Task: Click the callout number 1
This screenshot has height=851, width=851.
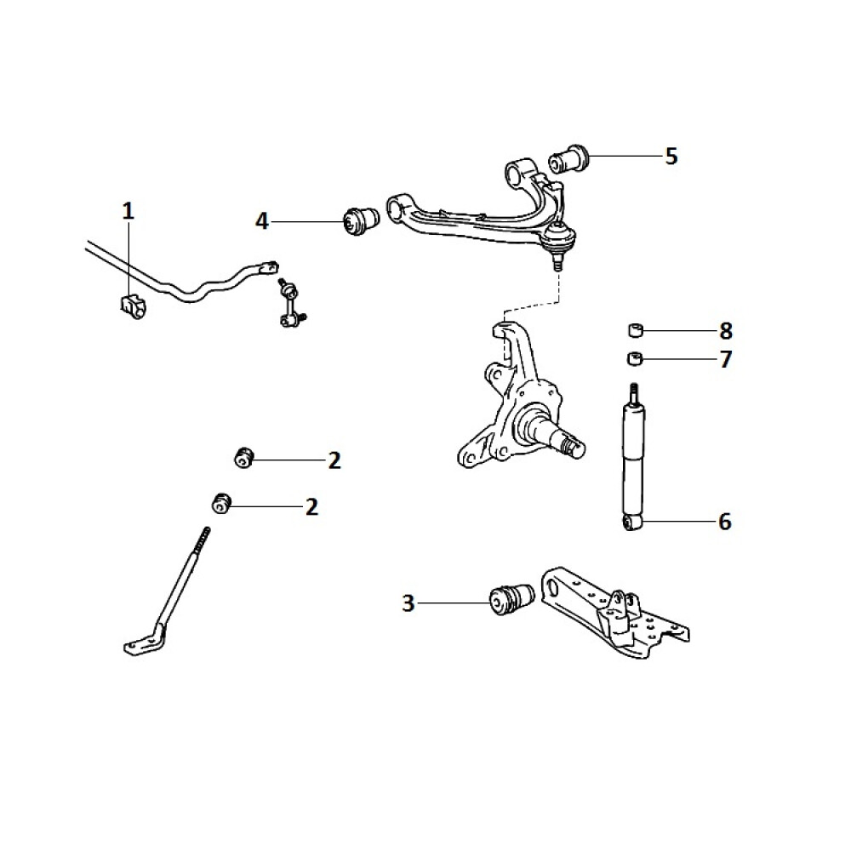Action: (x=128, y=210)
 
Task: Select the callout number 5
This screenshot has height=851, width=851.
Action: (x=671, y=157)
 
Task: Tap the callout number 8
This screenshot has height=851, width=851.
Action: (x=726, y=330)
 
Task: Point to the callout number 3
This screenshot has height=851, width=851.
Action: (x=408, y=603)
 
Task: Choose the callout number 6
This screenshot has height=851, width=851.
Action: (x=725, y=522)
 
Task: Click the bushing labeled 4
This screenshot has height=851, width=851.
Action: (x=362, y=220)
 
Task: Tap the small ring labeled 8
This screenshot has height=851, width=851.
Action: (x=636, y=329)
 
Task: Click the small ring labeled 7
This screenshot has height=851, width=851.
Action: (x=635, y=359)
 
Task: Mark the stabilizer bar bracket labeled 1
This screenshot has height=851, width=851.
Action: (x=133, y=306)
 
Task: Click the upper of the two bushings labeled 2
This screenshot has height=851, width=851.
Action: (x=243, y=458)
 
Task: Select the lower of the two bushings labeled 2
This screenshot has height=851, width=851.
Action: (x=221, y=503)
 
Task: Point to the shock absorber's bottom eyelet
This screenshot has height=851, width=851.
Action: (x=631, y=523)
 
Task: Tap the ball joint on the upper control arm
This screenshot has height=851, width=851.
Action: (x=559, y=242)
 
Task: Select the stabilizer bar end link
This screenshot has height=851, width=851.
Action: (x=291, y=304)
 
